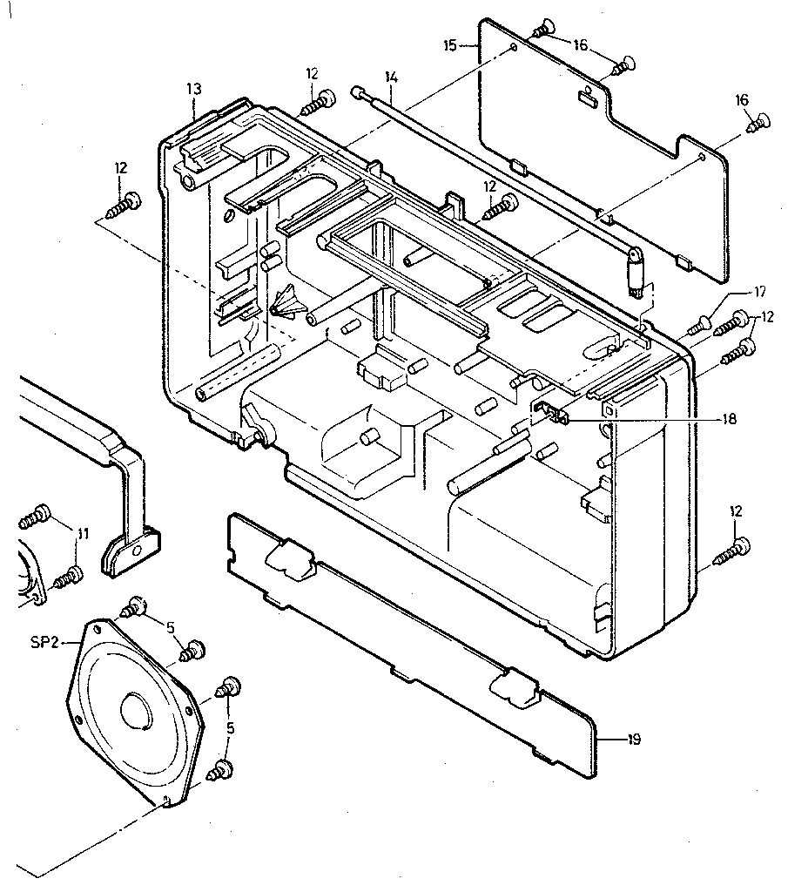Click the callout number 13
tap(193, 88)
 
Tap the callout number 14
tap(391, 78)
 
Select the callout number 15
tap(450, 44)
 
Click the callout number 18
tap(729, 419)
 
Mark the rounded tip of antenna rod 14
tap(356, 91)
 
